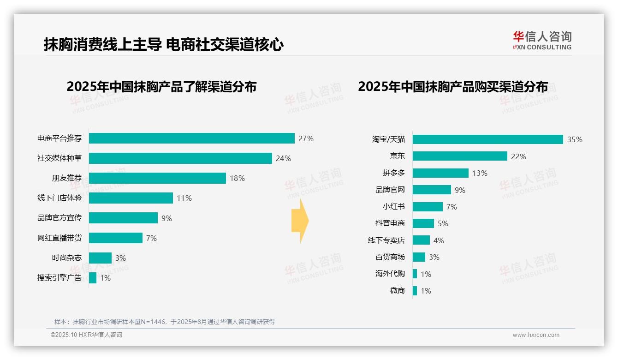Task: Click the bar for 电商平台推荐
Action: click(191, 138)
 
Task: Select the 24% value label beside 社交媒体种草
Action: click(283, 158)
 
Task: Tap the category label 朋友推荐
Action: click(66, 178)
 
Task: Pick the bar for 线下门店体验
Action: click(131, 198)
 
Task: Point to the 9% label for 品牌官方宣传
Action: click(166, 218)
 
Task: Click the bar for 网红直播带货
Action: click(116, 238)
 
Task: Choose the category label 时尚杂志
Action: click(66, 258)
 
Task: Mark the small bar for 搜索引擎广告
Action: click(93, 278)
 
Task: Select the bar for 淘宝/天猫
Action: click(487, 139)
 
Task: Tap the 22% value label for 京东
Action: click(518, 156)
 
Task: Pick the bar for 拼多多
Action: click(440, 173)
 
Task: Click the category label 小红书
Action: click(393, 207)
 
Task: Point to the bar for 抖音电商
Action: click(423, 223)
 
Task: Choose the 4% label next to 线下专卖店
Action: click(439, 240)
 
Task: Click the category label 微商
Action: click(397, 291)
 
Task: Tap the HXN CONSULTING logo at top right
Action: click(542, 41)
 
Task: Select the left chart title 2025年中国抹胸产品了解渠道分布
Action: click(161, 87)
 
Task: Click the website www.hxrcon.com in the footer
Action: click(536, 335)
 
